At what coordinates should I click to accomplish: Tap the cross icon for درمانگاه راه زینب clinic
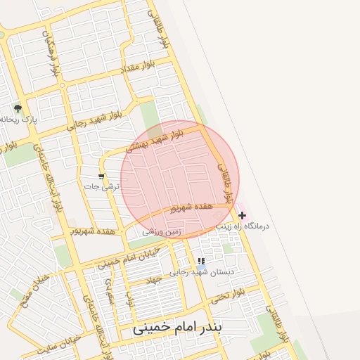coord(243,214)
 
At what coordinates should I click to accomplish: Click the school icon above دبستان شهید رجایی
coord(202,261)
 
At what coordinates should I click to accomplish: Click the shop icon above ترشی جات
coord(101,176)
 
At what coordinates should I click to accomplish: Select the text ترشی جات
coord(102,187)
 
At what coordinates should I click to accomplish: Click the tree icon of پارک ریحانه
coord(18,108)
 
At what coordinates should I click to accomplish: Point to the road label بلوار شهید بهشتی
coord(155,140)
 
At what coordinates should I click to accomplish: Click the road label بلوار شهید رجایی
coord(96,121)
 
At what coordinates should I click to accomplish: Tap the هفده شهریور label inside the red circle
coord(192,207)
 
